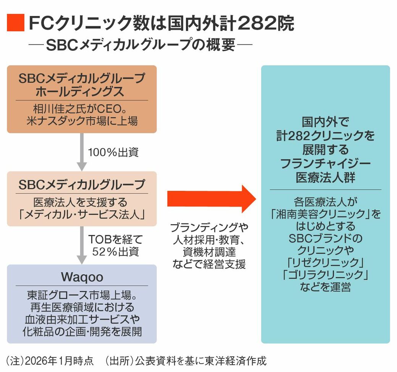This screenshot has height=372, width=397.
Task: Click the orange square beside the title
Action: [15, 24]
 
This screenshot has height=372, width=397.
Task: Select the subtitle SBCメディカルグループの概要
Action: [141, 45]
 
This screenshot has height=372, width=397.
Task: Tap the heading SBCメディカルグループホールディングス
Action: [82, 85]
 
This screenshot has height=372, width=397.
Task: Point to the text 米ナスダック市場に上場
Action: [82, 121]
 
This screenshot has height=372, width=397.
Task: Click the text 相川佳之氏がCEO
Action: [77, 109]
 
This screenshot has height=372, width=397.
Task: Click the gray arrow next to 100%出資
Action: [82, 152]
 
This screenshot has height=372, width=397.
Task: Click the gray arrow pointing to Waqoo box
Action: [82, 245]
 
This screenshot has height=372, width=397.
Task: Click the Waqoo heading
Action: [82, 277]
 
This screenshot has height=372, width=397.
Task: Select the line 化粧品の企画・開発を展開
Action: [82, 331]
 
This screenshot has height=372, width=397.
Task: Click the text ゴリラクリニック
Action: [325, 274]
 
